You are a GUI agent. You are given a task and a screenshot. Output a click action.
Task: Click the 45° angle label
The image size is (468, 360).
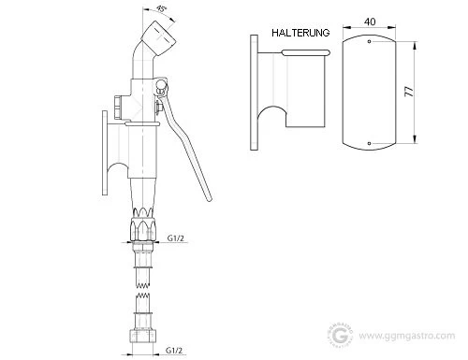click(161, 9)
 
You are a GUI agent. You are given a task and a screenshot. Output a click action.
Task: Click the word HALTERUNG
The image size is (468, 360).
click(300, 33)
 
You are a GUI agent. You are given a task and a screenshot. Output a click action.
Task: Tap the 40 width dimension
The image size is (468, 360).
click(370, 22)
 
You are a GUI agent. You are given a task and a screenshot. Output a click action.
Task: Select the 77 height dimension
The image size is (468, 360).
click(409, 92)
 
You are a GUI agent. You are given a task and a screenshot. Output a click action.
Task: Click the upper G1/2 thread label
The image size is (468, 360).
click(176, 238)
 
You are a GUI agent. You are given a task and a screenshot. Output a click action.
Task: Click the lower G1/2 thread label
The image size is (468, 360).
click(174, 350)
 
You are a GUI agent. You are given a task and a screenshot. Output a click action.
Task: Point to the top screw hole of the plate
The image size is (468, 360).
click(370, 41)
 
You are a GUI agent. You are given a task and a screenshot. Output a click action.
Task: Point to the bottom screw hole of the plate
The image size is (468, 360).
click(370, 143)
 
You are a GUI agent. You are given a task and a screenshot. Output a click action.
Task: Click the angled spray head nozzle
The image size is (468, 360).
click(159, 38)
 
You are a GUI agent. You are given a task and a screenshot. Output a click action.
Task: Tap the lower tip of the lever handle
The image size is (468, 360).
click(210, 199)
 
